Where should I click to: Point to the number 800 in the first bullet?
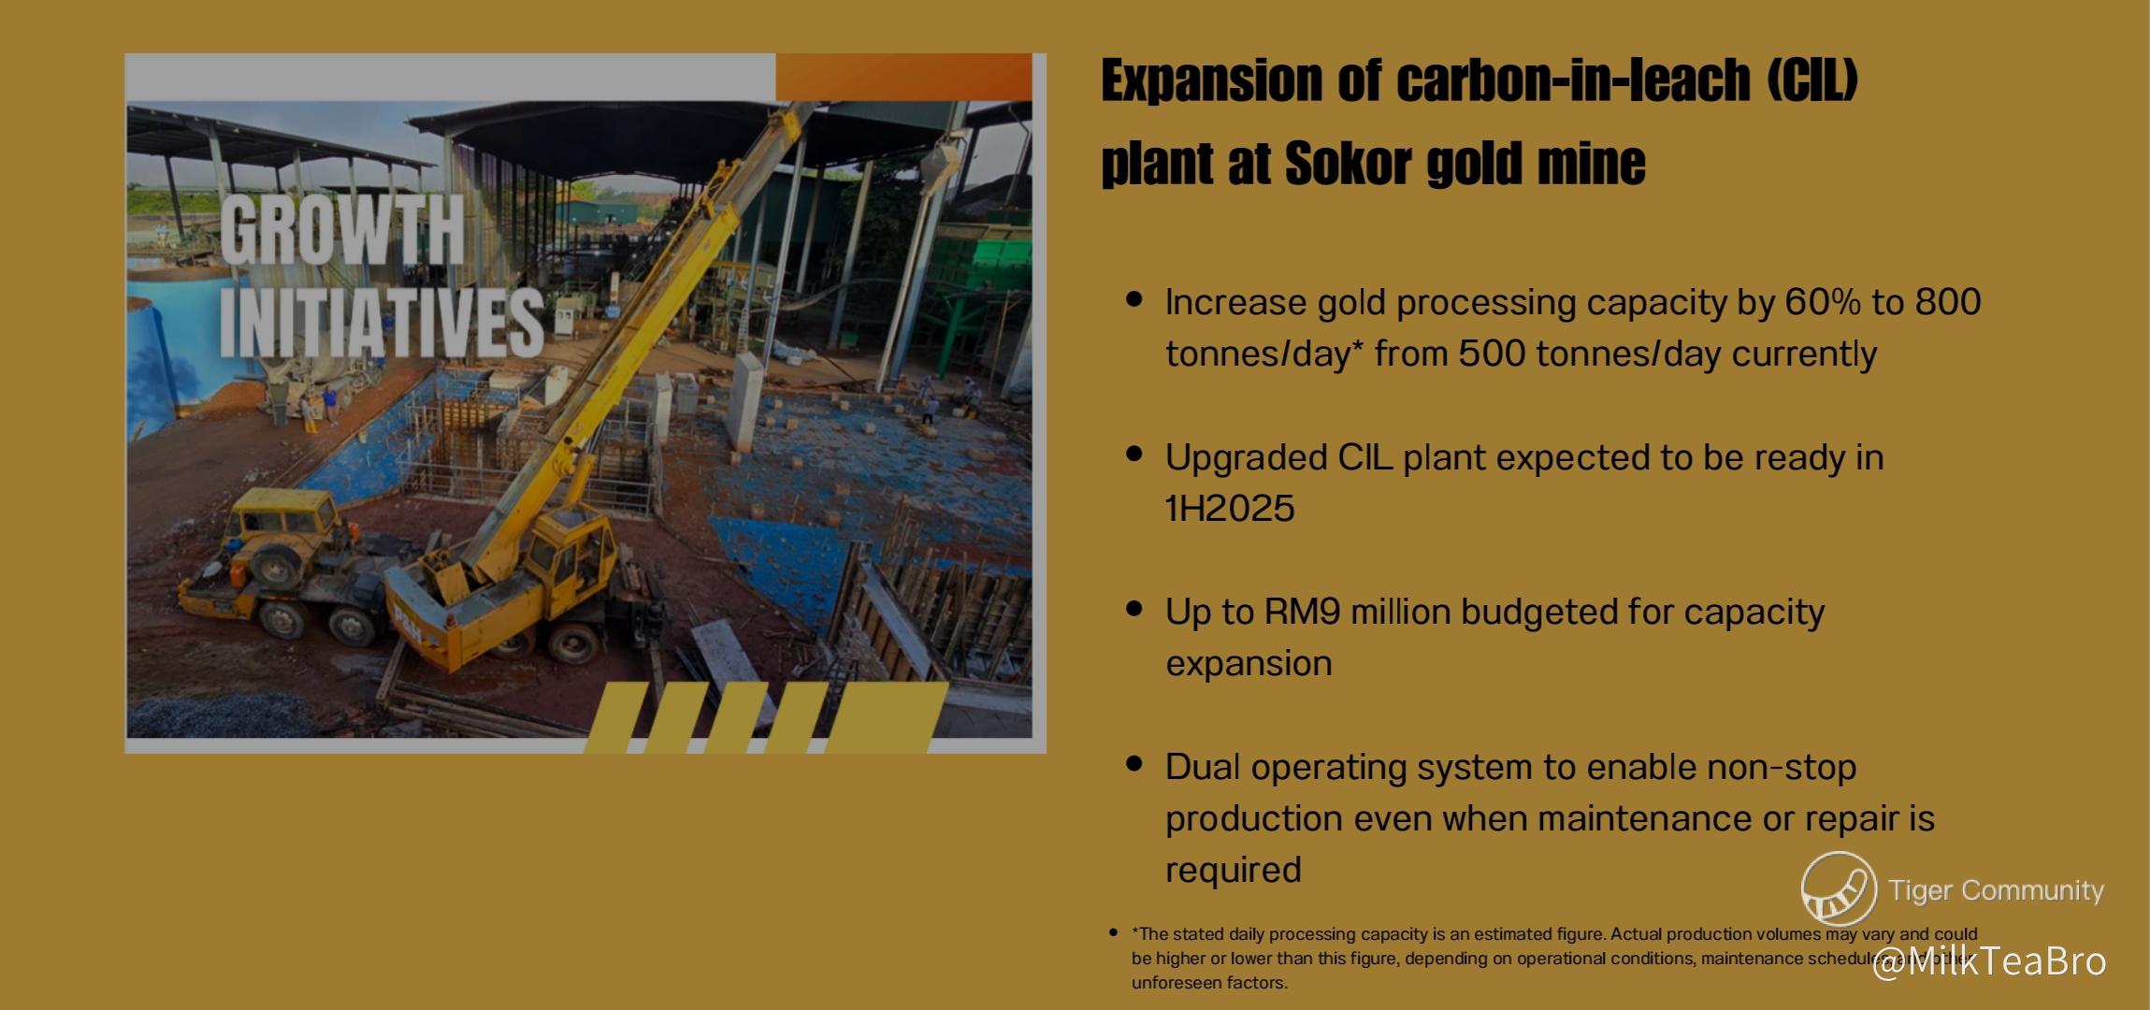point(1948,302)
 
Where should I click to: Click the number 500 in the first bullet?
point(1492,353)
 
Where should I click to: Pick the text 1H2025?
point(1230,509)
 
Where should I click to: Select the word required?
point(1234,871)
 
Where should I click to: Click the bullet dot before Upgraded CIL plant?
point(1135,454)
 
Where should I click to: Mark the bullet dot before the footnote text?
point(1113,932)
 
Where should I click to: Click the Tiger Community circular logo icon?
point(1839,889)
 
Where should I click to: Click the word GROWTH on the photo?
point(342,230)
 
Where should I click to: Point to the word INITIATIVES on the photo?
point(382,321)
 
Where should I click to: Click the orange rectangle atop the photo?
point(903,77)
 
